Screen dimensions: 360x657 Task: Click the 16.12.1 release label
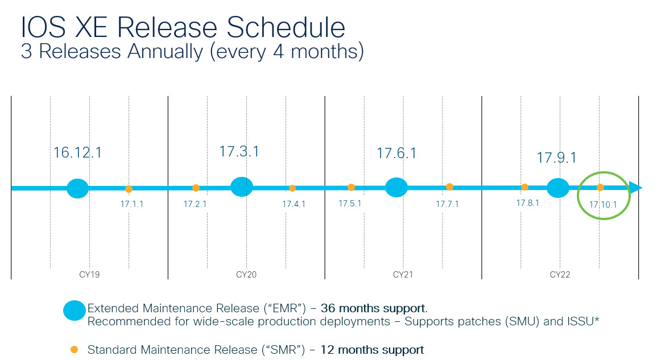pos(77,153)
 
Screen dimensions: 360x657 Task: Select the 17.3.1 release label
pos(239,152)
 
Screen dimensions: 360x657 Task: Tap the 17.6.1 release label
pos(396,153)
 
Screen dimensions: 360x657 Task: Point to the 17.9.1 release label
pos(557,158)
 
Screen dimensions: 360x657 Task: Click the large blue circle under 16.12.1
pos(77,188)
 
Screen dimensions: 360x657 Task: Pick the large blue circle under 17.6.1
pos(396,187)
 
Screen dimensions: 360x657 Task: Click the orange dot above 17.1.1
pos(129,189)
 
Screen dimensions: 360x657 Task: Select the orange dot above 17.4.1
pos(292,188)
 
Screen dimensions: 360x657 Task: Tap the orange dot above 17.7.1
pos(449,187)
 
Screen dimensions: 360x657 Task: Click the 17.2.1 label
pos(195,204)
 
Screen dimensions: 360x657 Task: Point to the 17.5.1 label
pos(350,203)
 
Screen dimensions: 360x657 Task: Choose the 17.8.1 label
pos(527,203)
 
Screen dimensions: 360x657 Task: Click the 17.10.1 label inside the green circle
pos(603,204)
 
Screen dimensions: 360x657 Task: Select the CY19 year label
pos(89,275)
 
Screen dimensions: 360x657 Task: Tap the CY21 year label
pos(403,275)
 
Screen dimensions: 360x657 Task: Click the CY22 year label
pos(560,275)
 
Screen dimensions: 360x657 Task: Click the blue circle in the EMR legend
pos(74,311)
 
